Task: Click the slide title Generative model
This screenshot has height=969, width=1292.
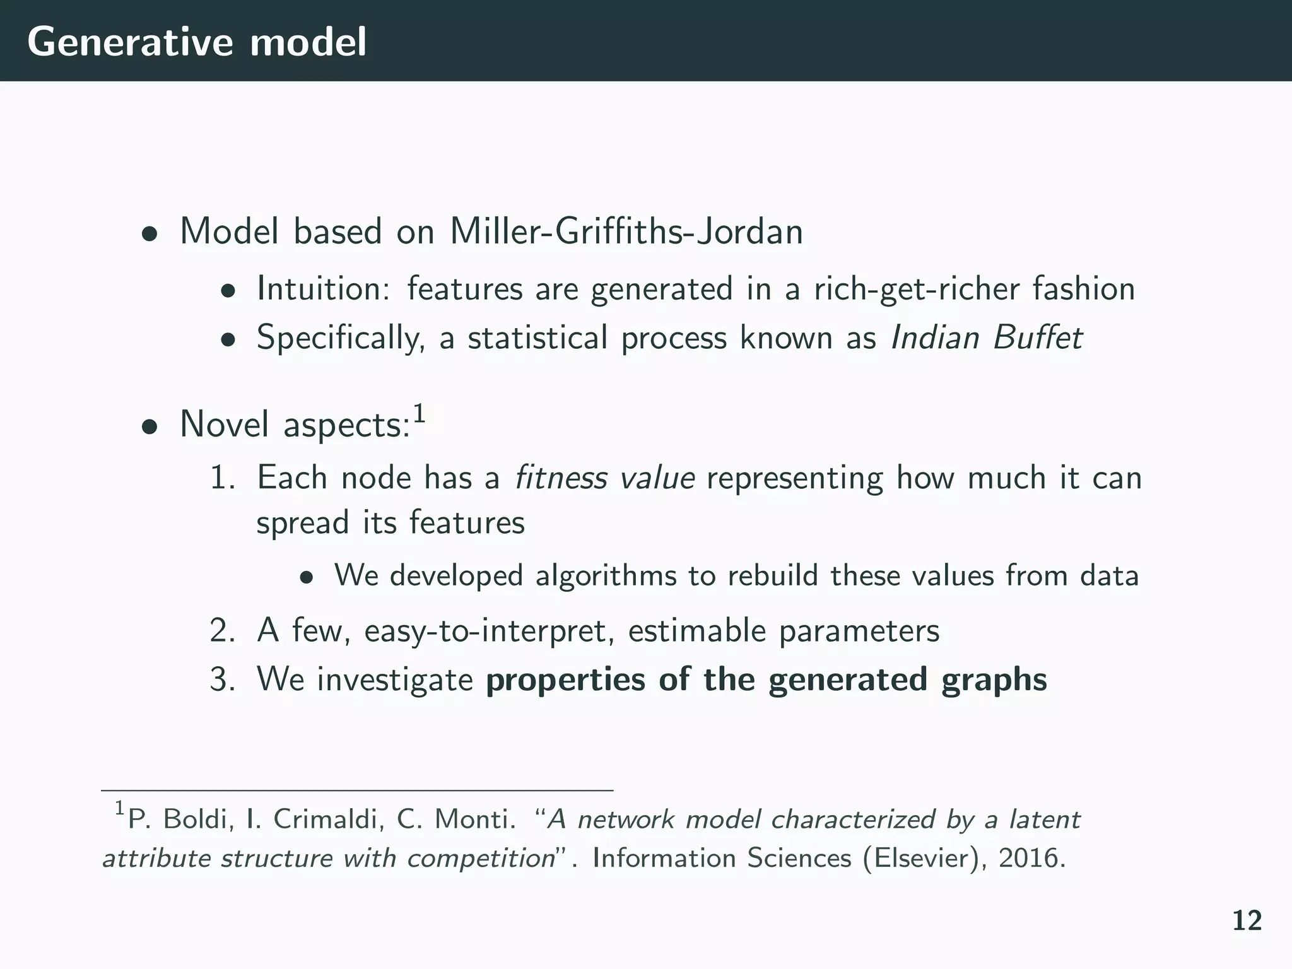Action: (x=196, y=42)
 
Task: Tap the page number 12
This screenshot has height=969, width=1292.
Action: (x=1247, y=921)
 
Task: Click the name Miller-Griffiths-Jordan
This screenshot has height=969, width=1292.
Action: (x=626, y=232)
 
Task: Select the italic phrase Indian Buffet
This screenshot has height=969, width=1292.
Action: (x=986, y=338)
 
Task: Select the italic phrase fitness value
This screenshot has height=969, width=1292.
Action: (x=604, y=478)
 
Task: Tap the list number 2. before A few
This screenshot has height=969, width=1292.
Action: (x=222, y=630)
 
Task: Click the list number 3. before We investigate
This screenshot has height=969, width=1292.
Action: (x=222, y=679)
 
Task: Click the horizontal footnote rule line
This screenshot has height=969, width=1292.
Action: (x=357, y=790)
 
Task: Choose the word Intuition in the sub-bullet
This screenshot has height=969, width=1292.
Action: (x=326, y=289)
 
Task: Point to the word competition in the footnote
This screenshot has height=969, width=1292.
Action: (x=481, y=858)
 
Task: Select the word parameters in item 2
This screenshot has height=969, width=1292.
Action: (x=859, y=630)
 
